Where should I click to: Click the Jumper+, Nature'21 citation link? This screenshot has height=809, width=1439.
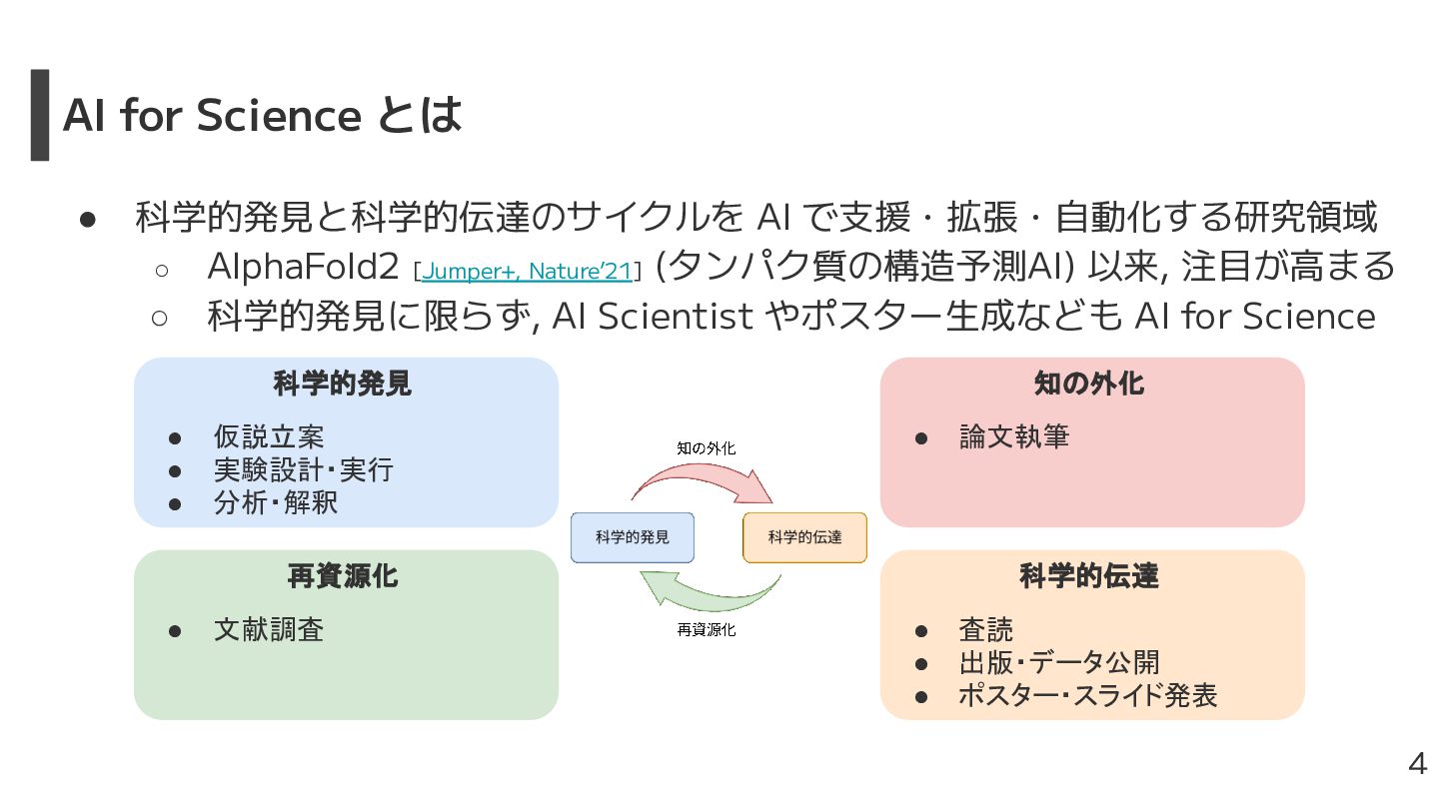point(527,271)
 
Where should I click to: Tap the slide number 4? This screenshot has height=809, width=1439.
point(1417,765)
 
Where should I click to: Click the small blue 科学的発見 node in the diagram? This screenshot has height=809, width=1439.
point(633,537)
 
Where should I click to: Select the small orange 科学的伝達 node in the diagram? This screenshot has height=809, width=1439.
point(804,537)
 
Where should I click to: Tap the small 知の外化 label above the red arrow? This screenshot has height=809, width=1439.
point(706,448)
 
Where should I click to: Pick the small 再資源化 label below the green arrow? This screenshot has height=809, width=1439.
point(706,629)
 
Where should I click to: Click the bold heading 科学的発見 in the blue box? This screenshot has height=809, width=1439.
point(343,383)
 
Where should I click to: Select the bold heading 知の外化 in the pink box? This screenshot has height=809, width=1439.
point(1089,383)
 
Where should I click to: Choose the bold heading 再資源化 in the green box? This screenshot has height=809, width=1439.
point(343,575)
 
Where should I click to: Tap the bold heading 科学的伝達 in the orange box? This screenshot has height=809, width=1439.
point(1089,575)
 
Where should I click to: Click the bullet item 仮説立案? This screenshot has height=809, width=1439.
point(269,436)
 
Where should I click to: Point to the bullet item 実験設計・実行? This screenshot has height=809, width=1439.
point(303,469)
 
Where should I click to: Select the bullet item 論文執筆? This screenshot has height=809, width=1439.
point(1014,436)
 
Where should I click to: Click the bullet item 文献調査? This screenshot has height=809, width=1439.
point(269,629)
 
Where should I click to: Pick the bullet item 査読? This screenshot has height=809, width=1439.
point(986,629)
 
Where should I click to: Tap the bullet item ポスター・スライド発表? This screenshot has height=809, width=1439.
point(1087,695)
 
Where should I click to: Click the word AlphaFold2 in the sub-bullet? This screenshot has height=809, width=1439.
point(304,267)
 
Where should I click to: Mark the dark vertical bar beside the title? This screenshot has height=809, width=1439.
point(40,114)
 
